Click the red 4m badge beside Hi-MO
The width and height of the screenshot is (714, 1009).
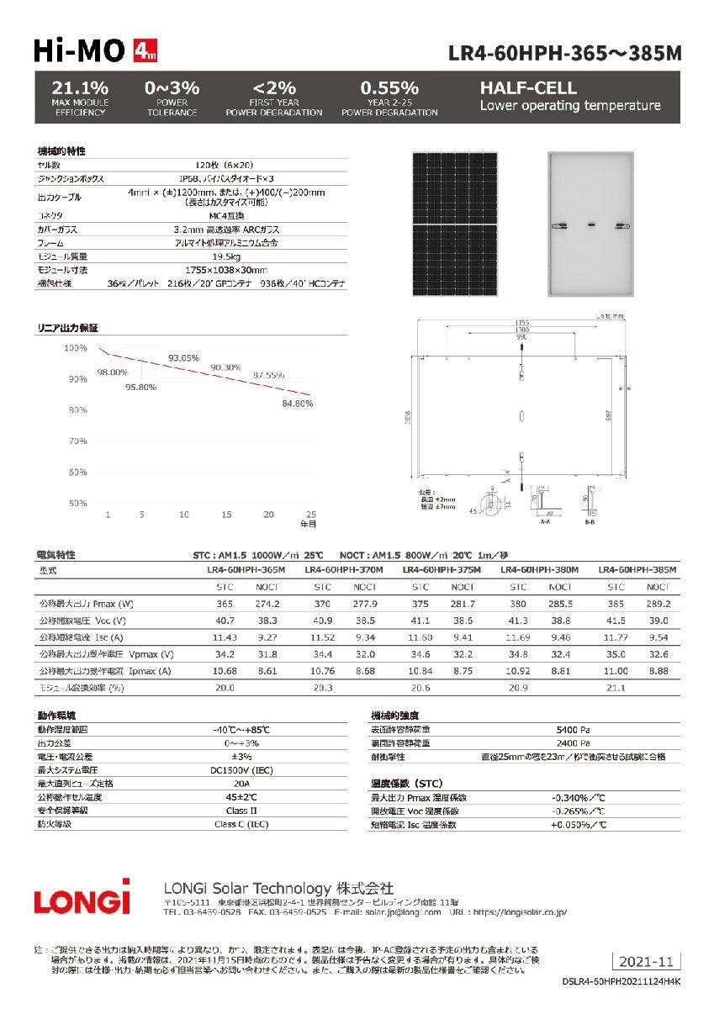click(145, 52)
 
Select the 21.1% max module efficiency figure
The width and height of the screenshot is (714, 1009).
click(79, 87)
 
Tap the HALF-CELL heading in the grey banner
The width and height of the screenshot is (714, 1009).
click(528, 87)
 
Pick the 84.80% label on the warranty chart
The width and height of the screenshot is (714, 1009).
click(297, 404)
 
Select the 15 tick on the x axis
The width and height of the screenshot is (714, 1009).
click(227, 514)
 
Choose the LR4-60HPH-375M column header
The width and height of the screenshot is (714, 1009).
click(442, 570)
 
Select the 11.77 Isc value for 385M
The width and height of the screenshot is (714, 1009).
click(616, 638)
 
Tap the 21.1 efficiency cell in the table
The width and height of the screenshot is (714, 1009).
click(616, 688)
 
